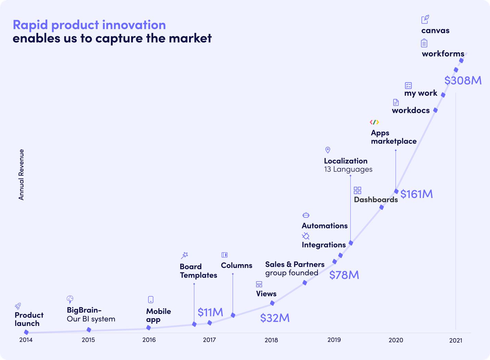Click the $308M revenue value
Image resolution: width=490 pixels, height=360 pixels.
click(x=463, y=80)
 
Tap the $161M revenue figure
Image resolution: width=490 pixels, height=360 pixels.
click(x=416, y=194)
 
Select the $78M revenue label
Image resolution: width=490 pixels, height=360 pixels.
click(x=344, y=275)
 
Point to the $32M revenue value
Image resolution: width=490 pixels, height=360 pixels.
click(x=274, y=318)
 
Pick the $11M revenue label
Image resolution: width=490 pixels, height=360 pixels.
click(x=210, y=312)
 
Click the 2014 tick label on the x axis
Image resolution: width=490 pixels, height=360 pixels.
click(x=26, y=340)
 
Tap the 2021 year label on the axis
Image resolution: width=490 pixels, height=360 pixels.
click(x=455, y=340)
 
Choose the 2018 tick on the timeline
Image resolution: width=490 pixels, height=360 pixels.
click(x=271, y=340)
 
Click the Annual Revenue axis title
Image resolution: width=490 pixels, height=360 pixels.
click(x=21, y=175)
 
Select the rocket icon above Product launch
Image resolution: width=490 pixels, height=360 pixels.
click(x=18, y=306)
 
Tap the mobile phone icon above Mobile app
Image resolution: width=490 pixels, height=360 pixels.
click(x=151, y=300)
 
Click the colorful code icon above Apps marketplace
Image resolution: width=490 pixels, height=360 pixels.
click(x=374, y=122)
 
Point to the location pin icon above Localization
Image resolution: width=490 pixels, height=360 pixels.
click(x=328, y=150)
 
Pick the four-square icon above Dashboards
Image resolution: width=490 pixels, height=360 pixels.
click(x=357, y=190)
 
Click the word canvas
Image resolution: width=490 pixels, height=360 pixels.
click(x=435, y=30)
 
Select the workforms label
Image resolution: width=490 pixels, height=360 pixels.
click(x=443, y=54)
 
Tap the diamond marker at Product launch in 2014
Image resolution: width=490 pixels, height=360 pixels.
click(x=26, y=332)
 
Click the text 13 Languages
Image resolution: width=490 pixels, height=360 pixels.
click(x=348, y=169)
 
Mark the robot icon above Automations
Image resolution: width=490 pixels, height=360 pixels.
click(x=306, y=215)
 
